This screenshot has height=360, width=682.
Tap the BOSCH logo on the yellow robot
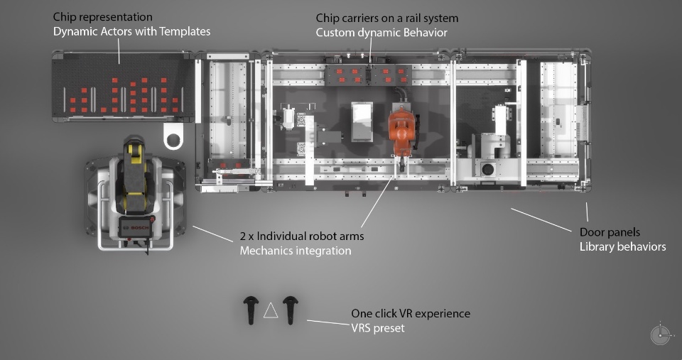point(135,227)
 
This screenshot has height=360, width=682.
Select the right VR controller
point(289,310)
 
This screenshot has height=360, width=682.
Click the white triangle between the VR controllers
point(271,311)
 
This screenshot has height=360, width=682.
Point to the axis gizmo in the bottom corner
point(660,334)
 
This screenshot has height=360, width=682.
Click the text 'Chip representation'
point(102,16)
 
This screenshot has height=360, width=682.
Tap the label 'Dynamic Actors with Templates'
point(131,31)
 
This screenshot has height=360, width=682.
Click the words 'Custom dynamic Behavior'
point(381,33)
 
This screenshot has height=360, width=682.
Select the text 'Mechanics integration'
point(296,251)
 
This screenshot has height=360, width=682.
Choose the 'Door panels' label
point(610,232)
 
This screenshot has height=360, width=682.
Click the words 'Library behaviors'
point(622,246)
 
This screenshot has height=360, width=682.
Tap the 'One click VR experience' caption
point(411,313)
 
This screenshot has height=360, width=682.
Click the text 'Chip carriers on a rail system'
point(387,18)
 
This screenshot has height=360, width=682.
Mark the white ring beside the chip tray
point(174,136)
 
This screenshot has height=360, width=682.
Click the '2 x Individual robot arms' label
point(302,236)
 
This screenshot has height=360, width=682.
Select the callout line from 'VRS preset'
point(328,324)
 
